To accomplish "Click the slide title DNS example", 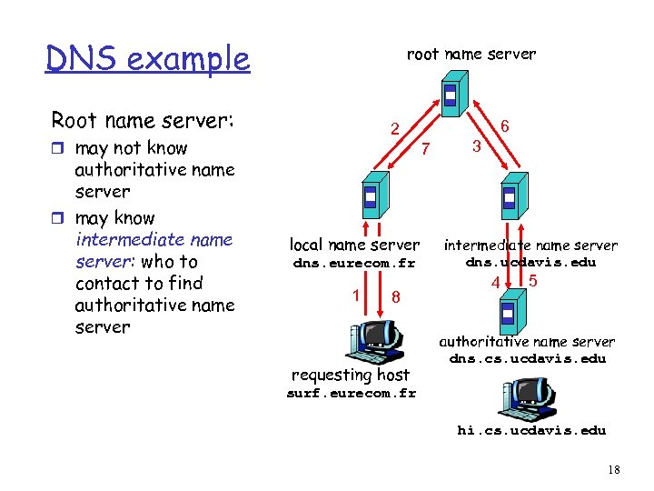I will tap(147, 58).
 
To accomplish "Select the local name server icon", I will tap(371, 195).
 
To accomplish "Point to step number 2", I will tap(394, 129).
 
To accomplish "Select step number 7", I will tap(429, 148).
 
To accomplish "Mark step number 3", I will tap(475, 146).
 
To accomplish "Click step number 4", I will tap(495, 283).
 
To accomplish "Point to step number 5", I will tap(532, 281).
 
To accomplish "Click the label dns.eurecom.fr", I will tap(352, 264).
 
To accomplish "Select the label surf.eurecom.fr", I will tap(351, 394).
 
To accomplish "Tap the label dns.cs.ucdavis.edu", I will tap(527, 358).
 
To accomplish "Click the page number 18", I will tap(614, 469).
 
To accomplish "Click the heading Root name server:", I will tap(143, 120).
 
